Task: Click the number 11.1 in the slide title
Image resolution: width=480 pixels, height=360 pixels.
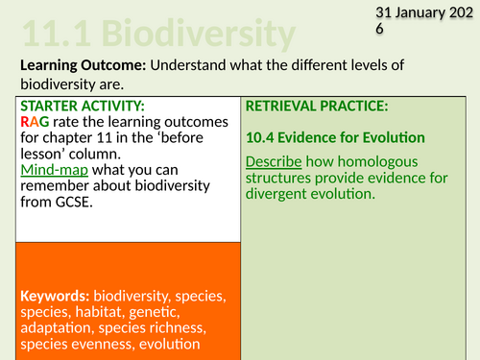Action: (x=49, y=36)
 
